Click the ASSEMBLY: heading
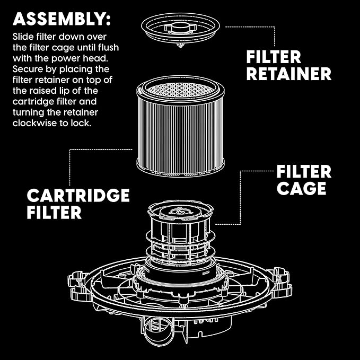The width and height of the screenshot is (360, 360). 62,19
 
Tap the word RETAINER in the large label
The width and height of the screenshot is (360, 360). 288,74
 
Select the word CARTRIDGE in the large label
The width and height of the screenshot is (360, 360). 78,195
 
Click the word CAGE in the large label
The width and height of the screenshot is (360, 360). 301,188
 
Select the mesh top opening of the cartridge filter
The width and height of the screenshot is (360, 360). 181,88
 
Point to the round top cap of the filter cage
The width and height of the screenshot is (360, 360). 182,211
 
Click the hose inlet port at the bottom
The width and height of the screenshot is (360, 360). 155,331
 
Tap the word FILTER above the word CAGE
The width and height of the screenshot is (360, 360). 304,171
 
